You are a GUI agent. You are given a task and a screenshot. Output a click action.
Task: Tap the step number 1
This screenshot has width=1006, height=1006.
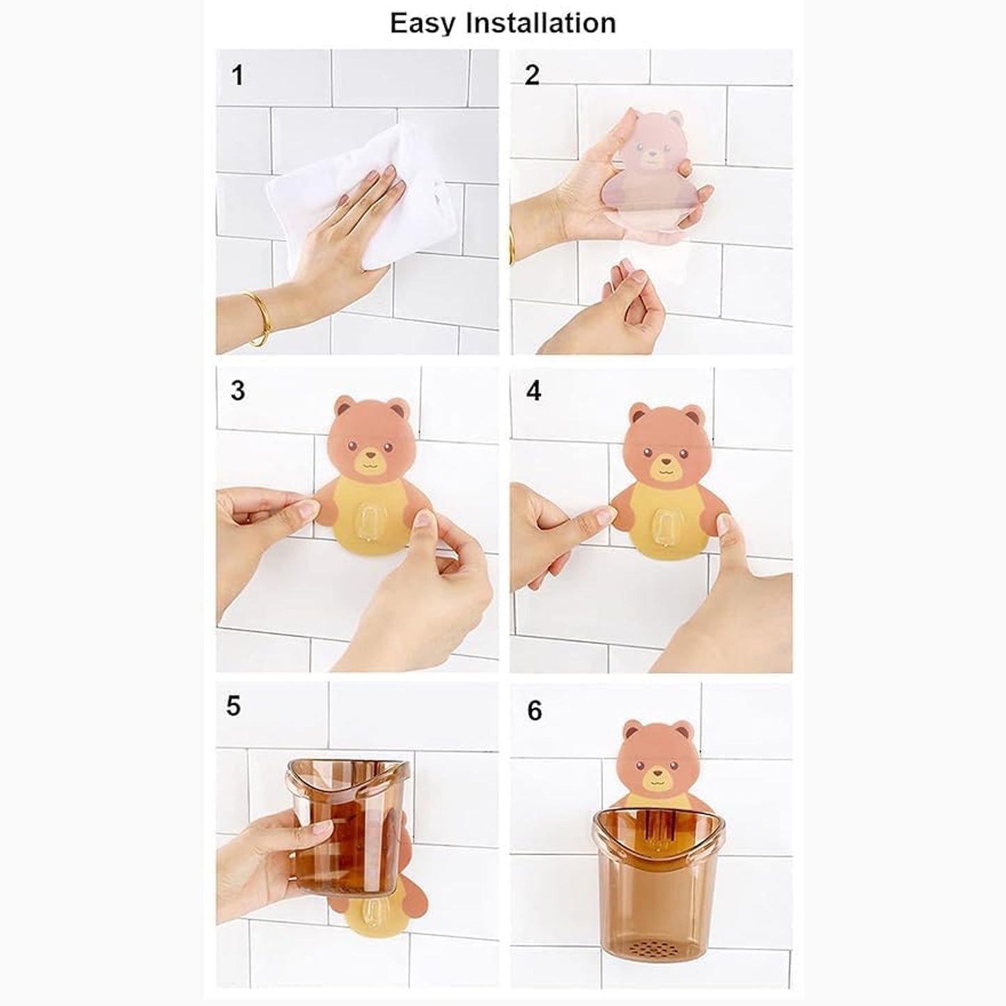(237, 75)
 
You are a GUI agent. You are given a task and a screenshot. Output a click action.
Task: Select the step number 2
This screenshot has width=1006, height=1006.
(532, 74)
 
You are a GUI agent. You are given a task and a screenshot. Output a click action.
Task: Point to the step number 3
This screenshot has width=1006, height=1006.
(237, 391)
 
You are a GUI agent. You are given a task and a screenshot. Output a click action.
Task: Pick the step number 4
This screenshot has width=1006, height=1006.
(533, 391)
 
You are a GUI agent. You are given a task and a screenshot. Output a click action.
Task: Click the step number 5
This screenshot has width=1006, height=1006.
(233, 706)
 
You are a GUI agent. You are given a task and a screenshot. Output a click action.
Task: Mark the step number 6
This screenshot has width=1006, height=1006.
(534, 710)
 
